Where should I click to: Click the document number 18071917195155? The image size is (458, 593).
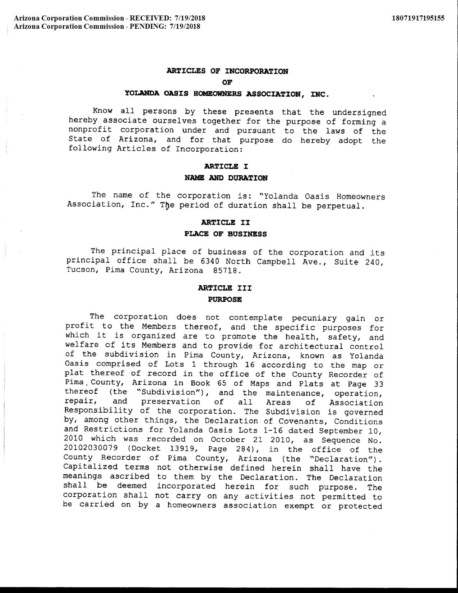click(x=418, y=18)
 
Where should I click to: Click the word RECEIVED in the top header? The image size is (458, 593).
click(x=150, y=18)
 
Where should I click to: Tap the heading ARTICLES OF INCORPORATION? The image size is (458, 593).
click(x=227, y=71)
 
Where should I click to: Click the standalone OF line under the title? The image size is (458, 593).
click(x=227, y=82)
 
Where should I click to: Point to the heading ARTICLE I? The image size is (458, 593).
click(x=226, y=166)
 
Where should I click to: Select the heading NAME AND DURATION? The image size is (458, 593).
click(x=226, y=178)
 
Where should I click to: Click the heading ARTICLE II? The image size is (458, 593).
click(x=225, y=222)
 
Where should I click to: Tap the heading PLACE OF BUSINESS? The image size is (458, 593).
click(x=225, y=234)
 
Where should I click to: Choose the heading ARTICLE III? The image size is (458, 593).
click(x=225, y=288)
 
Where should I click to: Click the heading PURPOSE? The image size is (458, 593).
click(x=225, y=299)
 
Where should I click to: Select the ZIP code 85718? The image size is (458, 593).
click(x=225, y=271)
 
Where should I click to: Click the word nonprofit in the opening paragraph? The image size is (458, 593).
click(x=90, y=130)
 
